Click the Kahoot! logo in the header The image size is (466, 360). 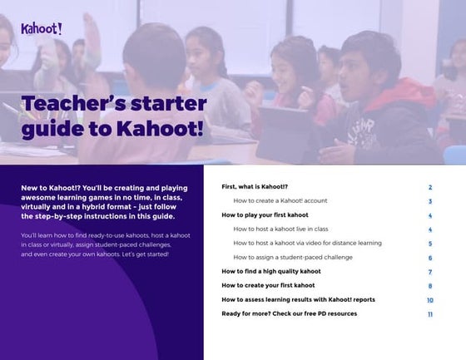click(x=41, y=28)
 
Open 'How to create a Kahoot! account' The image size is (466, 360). click(x=280, y=201)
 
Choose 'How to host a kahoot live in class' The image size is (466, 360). click(x=280, y=229)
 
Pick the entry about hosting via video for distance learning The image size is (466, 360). click(x=307, y=243)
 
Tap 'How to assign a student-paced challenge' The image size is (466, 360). click(x=293, y=257)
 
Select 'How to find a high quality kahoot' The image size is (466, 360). click(x=270, y=271)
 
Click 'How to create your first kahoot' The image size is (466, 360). click(x=268, y=285)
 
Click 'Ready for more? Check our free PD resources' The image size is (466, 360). click(x=289, y=313)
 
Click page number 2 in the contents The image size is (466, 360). click(x=430, y=188)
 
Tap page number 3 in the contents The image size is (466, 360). click(x=430, y=201)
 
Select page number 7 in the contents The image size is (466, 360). click(x=430, y=272)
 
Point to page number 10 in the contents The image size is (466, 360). click(x=430, y=300)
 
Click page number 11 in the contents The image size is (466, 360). click(x=430, y=314)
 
